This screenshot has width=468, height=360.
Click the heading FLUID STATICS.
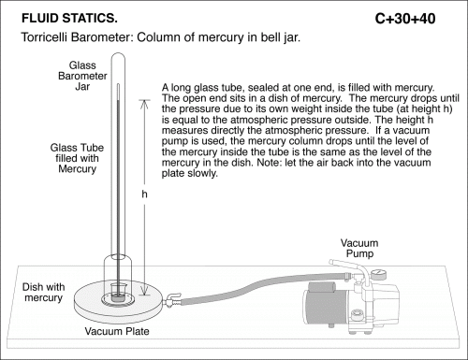pos(69,19)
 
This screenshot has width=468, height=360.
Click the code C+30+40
pos(405,19)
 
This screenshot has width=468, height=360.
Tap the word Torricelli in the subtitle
pos(44,37)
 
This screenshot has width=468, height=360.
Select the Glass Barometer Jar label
pos(82,76)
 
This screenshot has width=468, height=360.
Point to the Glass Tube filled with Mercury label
pos(77,158)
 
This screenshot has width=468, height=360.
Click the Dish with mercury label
pos(43,292)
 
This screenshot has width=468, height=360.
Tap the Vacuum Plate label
pos(117,331)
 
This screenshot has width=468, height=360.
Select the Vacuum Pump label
pos(359,248)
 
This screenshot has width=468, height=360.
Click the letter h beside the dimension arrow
pos(144,194)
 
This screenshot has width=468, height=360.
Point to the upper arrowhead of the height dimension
pos(144,103)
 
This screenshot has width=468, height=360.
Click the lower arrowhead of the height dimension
pos(144,292)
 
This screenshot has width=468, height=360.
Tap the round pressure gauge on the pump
pos(379,274)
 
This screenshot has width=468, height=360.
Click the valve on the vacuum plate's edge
pos(172,300)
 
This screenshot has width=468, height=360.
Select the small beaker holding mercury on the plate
pos(118,293)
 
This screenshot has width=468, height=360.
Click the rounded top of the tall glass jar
pos(118,56)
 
